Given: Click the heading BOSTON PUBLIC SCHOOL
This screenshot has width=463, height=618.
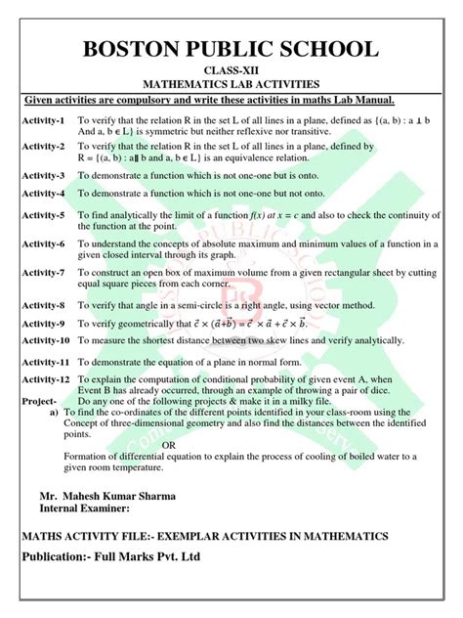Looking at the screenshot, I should pyautogui.click(x=231, y=50).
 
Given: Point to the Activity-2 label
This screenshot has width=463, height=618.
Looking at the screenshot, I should pyautogui.click(x=43, y=146).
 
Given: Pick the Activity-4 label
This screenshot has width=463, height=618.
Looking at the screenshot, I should pyautogui.click(x=43, y=194).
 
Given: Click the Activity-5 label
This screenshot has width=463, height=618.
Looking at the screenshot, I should pyautogui.click(x=43, y=215).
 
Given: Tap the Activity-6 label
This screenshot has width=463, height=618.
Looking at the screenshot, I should pyautogui.click(x=43, y=243).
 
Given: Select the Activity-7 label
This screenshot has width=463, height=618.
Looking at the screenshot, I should pyautogui.click(x=43, y=273).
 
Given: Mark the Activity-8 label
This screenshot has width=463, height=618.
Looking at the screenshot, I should pyautogui.click(x=43, y=305).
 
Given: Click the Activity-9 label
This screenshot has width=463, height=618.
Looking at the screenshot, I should pyautogui.click(x=43, y=323).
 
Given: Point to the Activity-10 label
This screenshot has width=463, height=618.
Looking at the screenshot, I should pyautogui.click(x=46, y=340).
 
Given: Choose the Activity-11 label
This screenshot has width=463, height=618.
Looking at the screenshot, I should pyautogui.click(x=46, y=362).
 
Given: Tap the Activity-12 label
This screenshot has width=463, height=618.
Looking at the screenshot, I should pyautogui.click(x=46, y=378).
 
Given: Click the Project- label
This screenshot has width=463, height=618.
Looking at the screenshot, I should pyautogui.click(x=39, y=401).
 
